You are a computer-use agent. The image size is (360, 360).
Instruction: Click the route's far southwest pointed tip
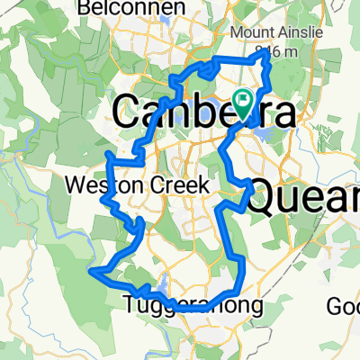[90, 268]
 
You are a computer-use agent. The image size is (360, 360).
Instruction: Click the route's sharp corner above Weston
[109, 156]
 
